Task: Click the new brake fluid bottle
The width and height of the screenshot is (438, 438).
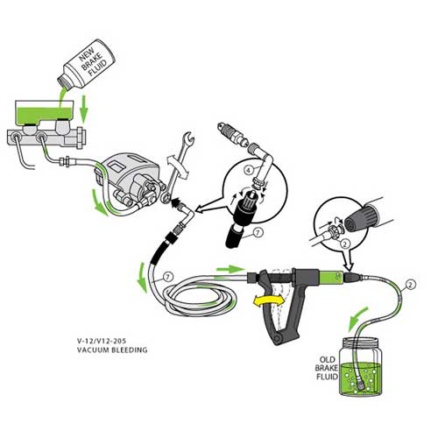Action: pyautogui.click(x=87, y=66)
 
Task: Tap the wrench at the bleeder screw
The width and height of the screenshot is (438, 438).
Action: pyautogui.click(x=177, y=166)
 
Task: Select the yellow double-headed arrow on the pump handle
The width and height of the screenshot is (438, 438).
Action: pyautogui.click(x=270, y=301)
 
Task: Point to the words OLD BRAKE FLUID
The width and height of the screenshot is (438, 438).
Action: pyautogui.click(x=327, y=368)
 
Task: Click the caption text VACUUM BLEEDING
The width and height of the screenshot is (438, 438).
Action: pyautogui.click(x=112, y=350)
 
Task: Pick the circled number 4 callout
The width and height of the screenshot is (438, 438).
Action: pyautogui.click(x=249, y=170)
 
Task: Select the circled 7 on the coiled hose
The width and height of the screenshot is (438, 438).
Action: pyautogui.click(x=167, y=277)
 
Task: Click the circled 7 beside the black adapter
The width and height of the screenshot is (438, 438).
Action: pyautogui.click(x=258, y=232)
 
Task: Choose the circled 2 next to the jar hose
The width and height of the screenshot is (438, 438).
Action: pyautogui.click(x=410, y=285)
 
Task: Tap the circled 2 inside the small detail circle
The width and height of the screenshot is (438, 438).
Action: pyautogui.click(x=345, y=244)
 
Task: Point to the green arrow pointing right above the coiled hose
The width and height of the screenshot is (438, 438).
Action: pyautogui.click(x=230, y=269)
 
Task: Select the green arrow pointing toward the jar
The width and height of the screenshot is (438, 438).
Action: pyautogui.click(x=357, y=320)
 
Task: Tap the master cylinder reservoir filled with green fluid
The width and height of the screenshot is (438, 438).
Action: pyautogui.click(x=44, y=112)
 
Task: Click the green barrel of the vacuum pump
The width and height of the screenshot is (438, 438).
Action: pyautogui.click(x=330, y=277)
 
